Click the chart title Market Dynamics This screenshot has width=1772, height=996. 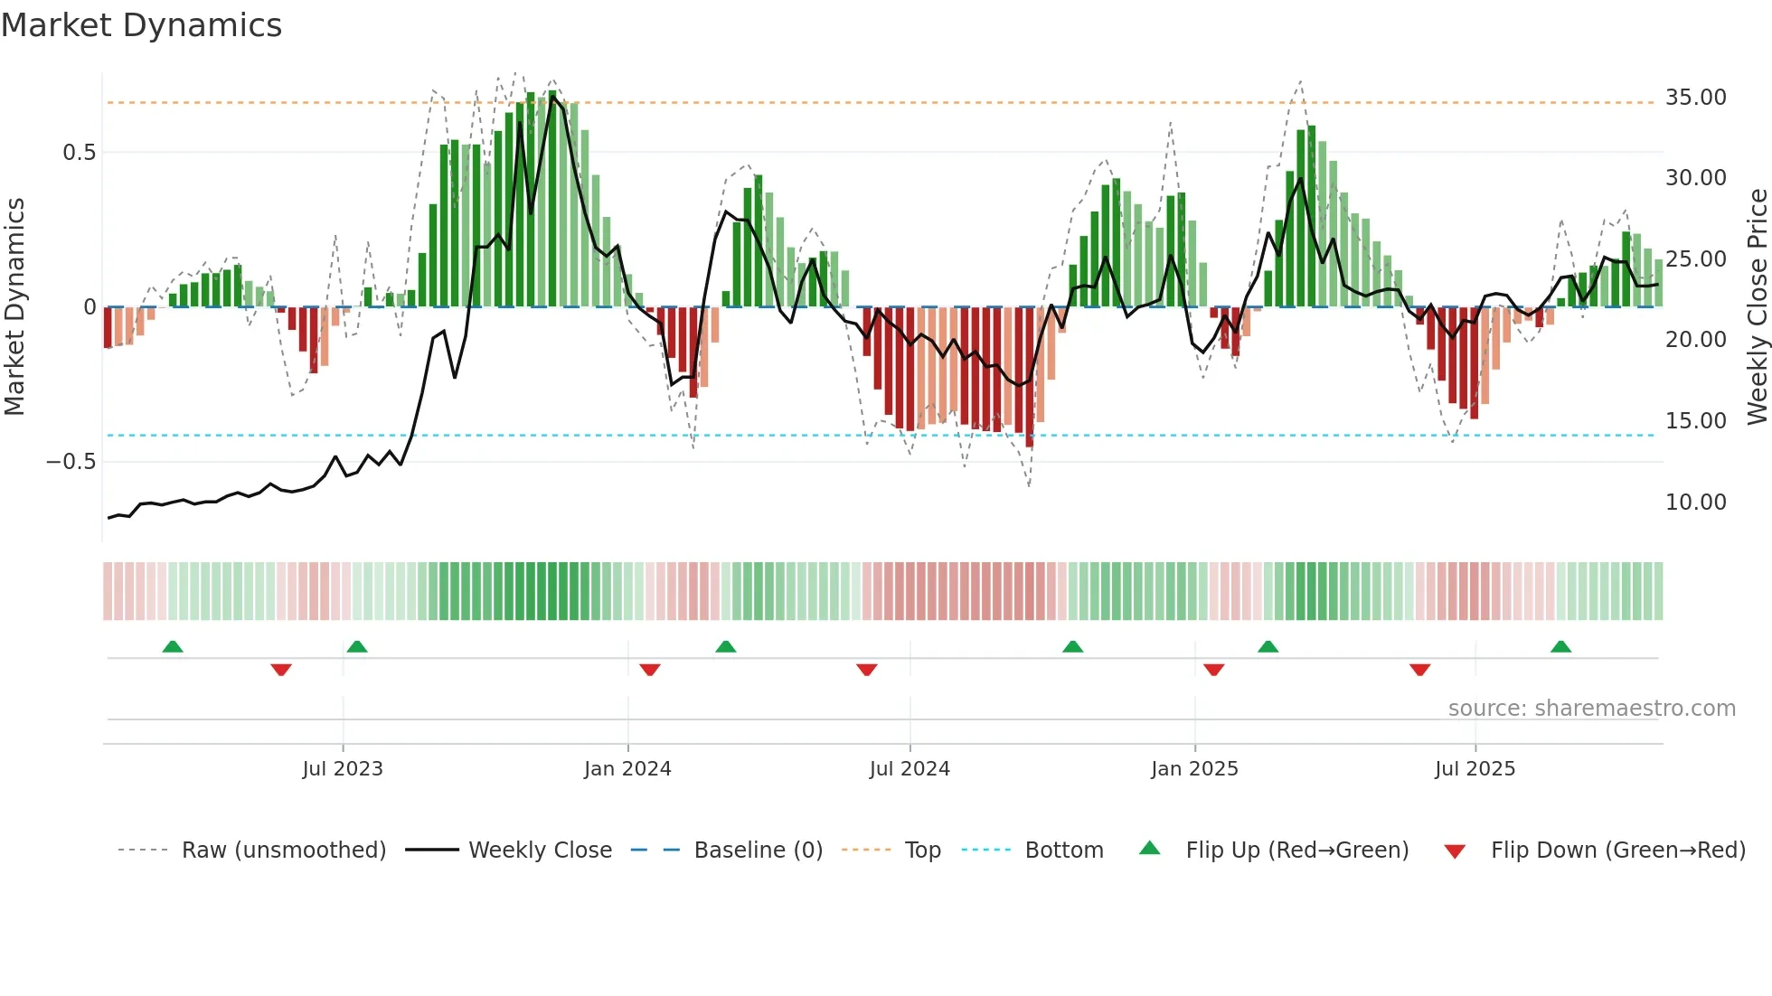[141, 25]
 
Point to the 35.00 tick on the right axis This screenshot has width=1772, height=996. [1695, 98]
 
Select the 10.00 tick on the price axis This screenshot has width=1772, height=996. [1695, 503]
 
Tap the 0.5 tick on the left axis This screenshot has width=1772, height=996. [79, 153]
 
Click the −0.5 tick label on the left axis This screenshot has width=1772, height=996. [71, 462]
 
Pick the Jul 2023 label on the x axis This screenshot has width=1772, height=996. [343, 769]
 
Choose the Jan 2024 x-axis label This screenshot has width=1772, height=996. [627, 769]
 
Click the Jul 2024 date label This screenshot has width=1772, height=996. [910, 769]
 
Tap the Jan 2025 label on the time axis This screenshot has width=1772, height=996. [1194, 769]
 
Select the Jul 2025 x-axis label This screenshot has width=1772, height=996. [1475, 769]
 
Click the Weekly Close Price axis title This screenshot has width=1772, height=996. [1757, 307]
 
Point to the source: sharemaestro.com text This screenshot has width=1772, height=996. [1591, 709]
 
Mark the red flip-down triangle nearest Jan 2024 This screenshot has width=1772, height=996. [650, 670]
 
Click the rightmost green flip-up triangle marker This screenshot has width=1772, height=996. [1560, 646]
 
